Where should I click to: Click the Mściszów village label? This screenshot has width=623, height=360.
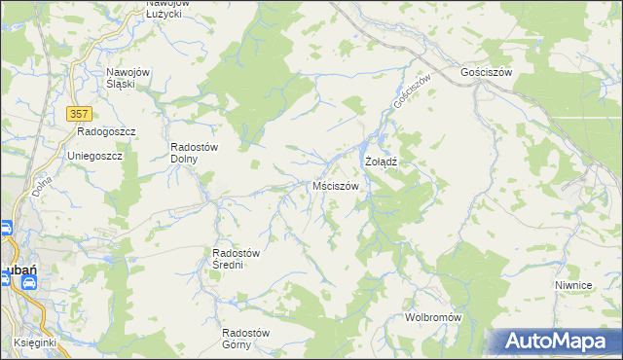(336, 186)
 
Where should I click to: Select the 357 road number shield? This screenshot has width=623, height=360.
(80, 114)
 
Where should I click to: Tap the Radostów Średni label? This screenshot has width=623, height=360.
(236, 259)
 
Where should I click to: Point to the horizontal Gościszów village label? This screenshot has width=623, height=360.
(487, 73)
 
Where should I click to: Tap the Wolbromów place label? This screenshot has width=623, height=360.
(432, 318)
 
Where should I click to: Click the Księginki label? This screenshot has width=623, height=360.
(36, 343)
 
